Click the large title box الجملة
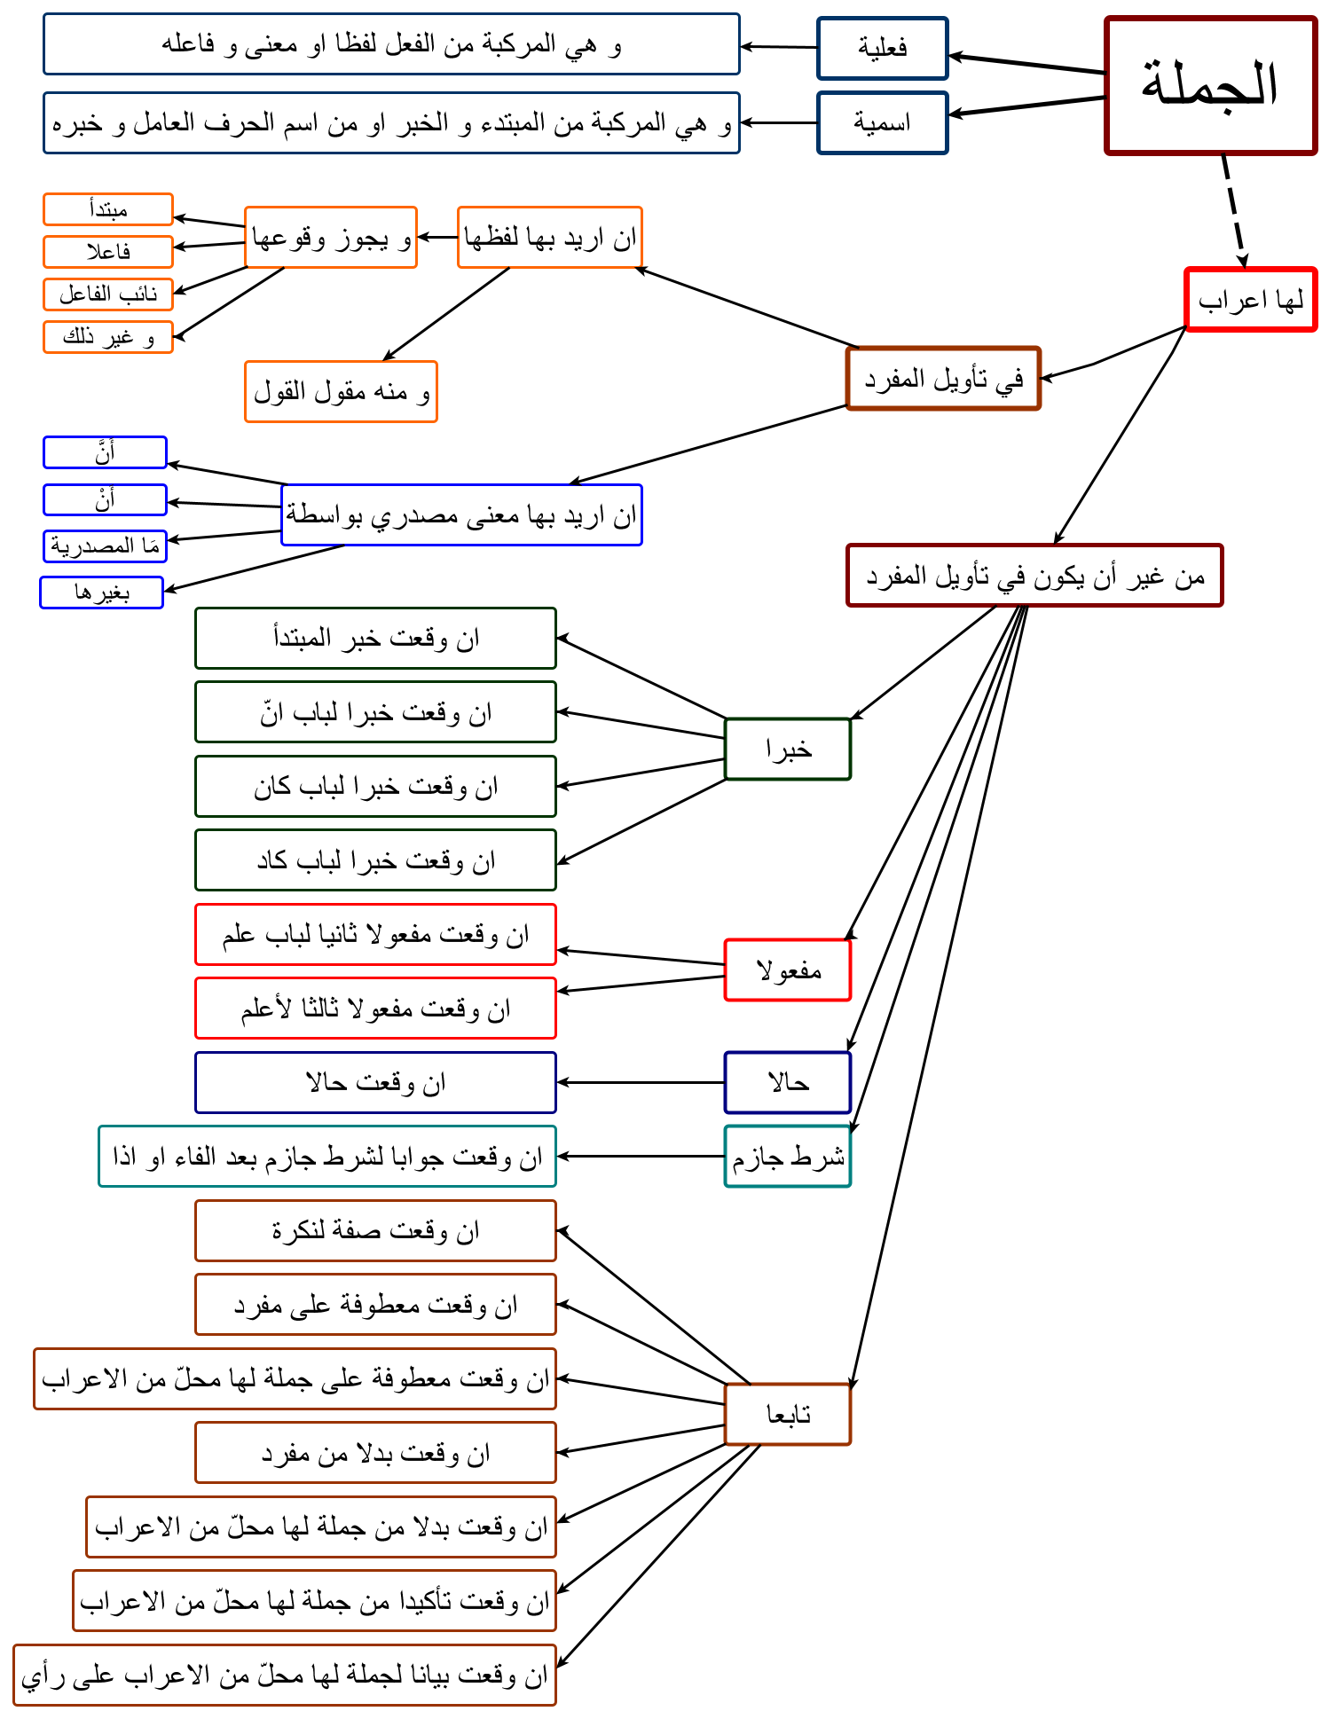tap(1210, 85)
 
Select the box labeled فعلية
tap(883, 48)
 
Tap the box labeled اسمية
tap(883, 122)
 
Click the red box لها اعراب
tap(1251, 300)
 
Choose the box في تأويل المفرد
tap(943, 379)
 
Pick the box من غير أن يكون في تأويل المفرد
tap(1034, 576)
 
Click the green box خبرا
tap(788, 750)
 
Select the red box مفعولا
tap(788, 970)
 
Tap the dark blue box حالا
tap(788, 1082)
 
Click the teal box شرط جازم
tap(788, 1157)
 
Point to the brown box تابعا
tap(788, 1415)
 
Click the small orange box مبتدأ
tap(108, 209)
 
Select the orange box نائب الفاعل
tap(108, 294)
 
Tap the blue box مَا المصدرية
tap(105, 546)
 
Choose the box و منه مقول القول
tap(342, 391)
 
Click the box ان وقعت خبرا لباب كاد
tap(375, 860)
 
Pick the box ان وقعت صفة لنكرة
tap(375, 1231)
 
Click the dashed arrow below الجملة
tap(1234, 211)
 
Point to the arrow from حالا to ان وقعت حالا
tap(641, 1082)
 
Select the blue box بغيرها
tap(102, 593)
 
